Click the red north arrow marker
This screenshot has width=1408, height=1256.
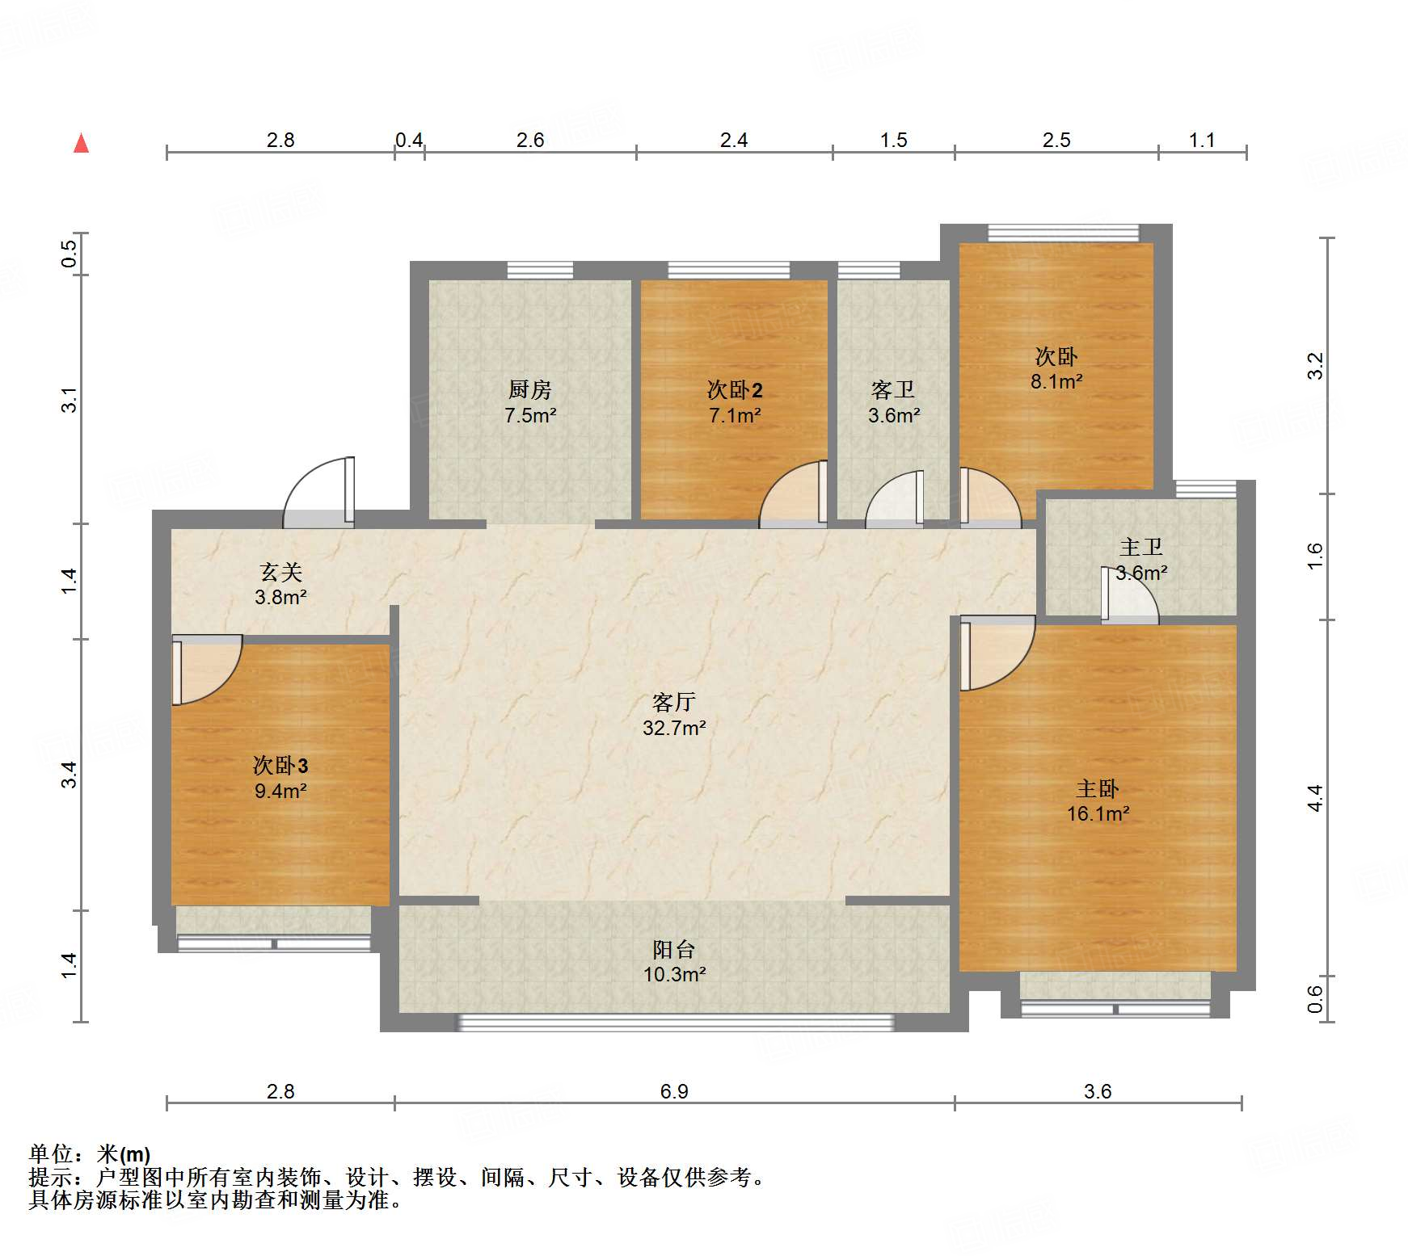click(81, 143)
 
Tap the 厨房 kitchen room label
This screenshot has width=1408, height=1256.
click(530, 389)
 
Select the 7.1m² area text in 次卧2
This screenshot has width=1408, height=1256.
click(735, 416)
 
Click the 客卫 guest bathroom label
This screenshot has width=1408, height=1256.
click(893, 390)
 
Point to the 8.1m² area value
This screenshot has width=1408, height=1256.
click(1056, 381)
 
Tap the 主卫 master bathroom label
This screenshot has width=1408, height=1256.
click(1141, 547)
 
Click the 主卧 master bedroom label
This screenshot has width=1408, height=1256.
click(1098, 788)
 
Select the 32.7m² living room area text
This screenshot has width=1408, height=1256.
click(674, 728)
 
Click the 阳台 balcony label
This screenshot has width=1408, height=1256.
click(674, 949)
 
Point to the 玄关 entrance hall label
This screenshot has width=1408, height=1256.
click(280, 572)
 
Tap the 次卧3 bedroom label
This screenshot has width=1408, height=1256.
click(280, 765)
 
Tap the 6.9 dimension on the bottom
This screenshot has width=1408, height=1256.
click(674, 1091)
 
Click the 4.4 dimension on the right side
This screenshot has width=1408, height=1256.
click(1315, 798)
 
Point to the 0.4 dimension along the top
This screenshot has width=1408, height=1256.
click(409, 140)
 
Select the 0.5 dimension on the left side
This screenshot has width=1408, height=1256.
click(70, 254)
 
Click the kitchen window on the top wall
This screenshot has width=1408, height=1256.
click(540, 270)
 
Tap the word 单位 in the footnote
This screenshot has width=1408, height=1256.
click(51, 1154)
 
